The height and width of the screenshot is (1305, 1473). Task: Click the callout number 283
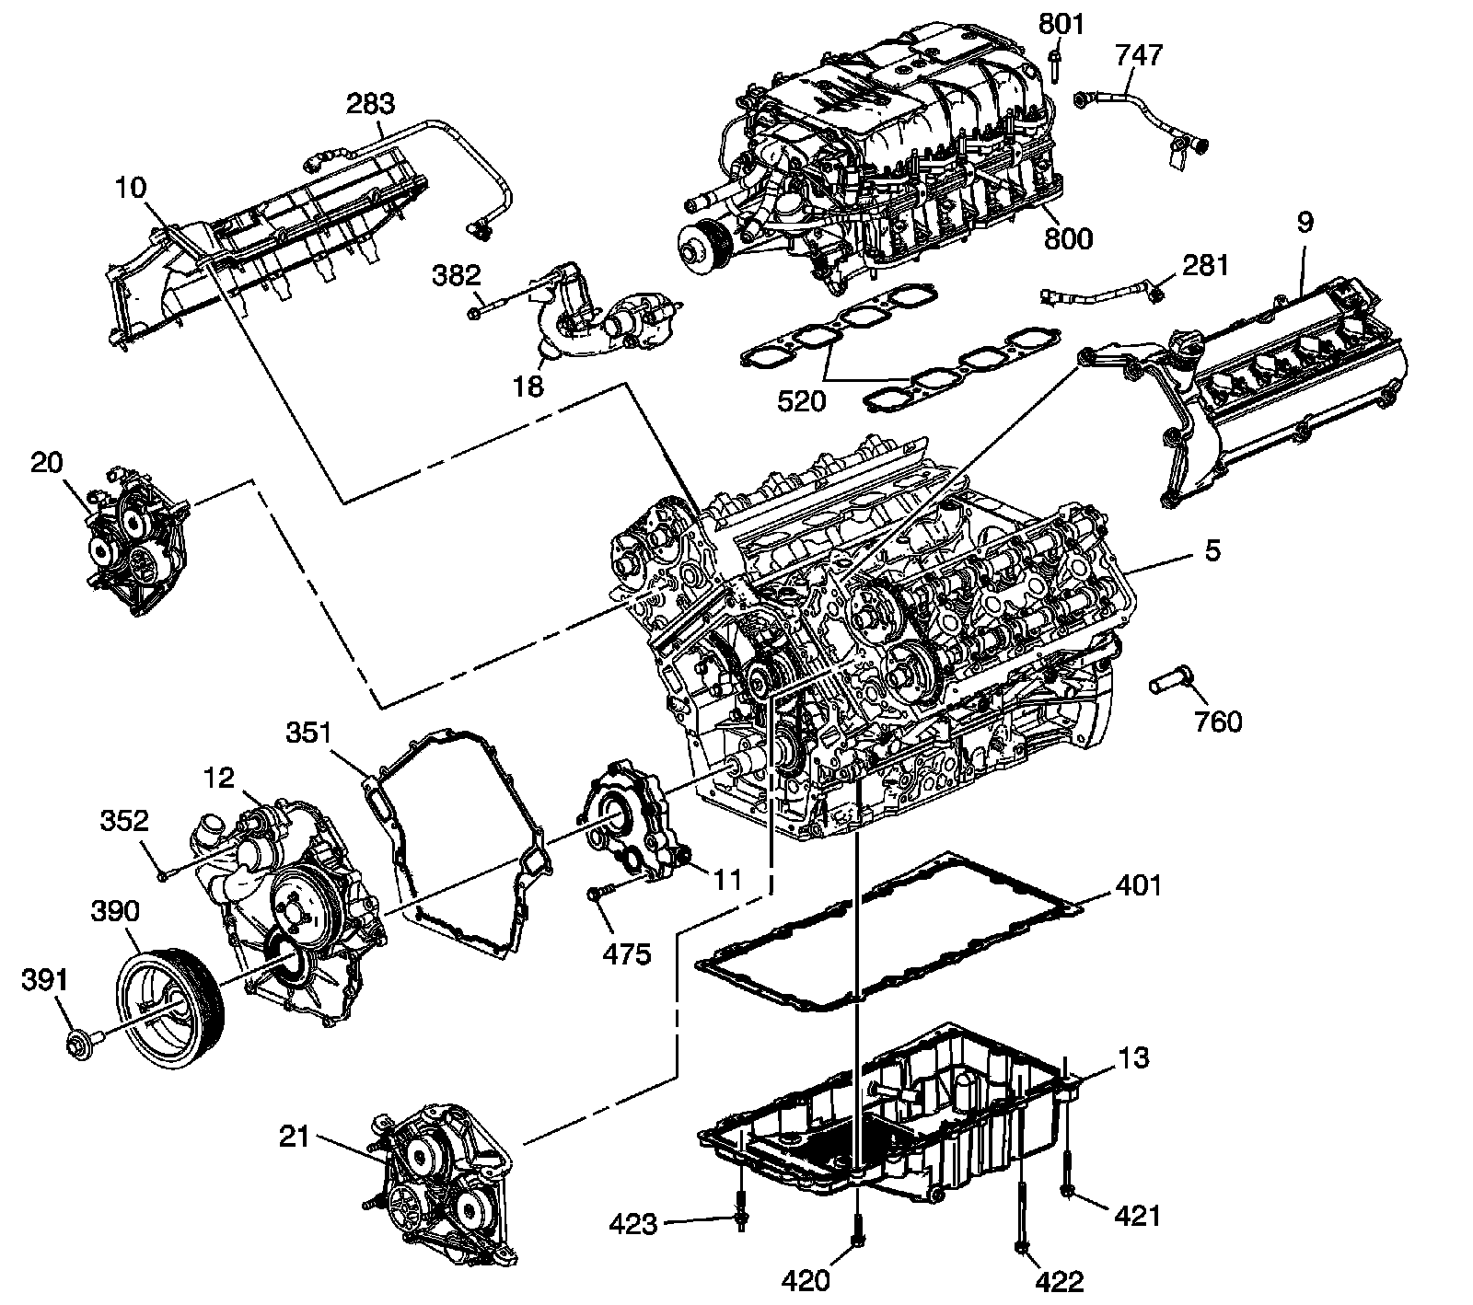point(370,104)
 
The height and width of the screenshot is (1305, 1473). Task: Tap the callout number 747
point(1139,56)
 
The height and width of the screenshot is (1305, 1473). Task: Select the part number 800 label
point(1068,238)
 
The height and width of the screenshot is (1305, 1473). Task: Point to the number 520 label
point(800,400)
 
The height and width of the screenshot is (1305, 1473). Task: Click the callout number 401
point(1138,885)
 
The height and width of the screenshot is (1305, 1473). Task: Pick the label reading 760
point(1217,722)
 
